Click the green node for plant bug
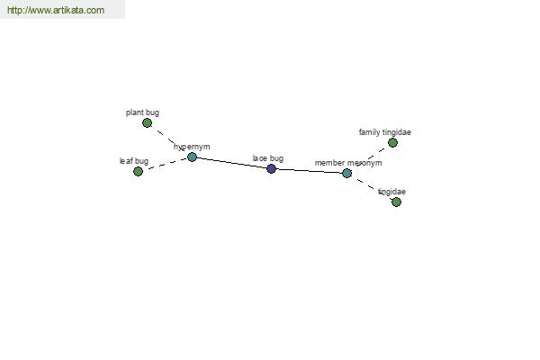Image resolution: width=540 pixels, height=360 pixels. coord(147,122)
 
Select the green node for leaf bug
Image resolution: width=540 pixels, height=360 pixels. coord(138,171)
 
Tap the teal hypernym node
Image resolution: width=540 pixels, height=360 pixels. coord(192,157)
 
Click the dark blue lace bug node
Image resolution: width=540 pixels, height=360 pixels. coord(272,168)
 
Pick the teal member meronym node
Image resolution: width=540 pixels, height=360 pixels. coord(346,173)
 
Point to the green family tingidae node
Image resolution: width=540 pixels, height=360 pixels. coord(392,142)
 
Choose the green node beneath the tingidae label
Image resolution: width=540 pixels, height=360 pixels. coord(396,202)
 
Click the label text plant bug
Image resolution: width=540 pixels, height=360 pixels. coord(142,112)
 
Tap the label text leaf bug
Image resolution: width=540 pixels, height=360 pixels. coord(134,161)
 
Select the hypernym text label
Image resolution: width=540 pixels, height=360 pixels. coord(192,147)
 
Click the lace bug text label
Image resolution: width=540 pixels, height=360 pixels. coord(268,158)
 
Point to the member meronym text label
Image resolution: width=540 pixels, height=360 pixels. coord(348,163)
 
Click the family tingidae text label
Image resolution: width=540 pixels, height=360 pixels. coord(385,132)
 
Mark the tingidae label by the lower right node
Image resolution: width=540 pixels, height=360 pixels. coord(391,192)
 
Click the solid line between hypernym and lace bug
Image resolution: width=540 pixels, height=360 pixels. coord(231,163)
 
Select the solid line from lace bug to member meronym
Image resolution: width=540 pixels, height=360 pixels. coord(309,170)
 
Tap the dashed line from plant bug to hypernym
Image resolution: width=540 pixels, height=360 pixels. coord(169,139)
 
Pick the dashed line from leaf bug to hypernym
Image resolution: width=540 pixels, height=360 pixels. coord(165,165)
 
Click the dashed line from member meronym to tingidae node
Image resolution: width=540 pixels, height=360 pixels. coord(371,187)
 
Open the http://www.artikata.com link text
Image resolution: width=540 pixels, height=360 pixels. coord(56,10)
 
